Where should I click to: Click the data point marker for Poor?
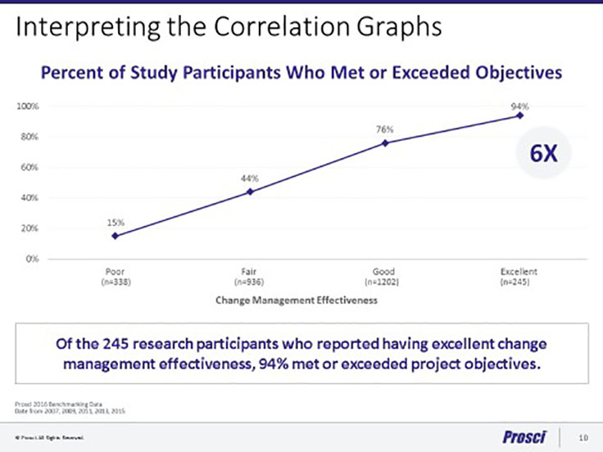click(116, 236)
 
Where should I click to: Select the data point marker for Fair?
click(250, 192)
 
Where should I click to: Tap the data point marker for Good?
click(385, 143)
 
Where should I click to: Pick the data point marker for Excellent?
click(519, 115)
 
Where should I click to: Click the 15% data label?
click(116, 221)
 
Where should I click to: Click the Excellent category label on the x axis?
click(519, 272)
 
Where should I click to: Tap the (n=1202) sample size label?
click(385, 282)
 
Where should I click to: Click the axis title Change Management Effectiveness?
click(296, 301)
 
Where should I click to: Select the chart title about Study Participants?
click(301, 72)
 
